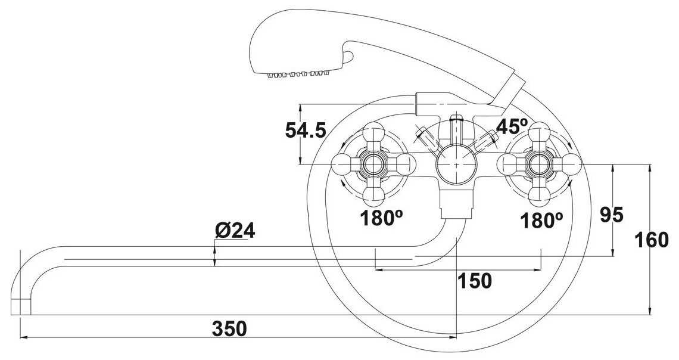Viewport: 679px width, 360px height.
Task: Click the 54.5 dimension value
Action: click(306, 130)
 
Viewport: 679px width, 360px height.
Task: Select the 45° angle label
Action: click(512, 126)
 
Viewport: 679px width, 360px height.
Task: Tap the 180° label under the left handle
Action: click(382, 218)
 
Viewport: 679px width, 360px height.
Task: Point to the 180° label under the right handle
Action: click(542, 221)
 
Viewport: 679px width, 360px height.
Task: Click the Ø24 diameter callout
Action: click(235, 231)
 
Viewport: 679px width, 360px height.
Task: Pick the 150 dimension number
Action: click(475, 281)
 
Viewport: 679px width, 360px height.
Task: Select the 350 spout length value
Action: click(229, 329)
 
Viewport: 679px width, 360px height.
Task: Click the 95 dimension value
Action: click(612, 215)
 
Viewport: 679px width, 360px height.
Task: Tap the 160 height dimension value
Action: click(652, 240)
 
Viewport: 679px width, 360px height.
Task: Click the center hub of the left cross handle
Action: click(373, 164)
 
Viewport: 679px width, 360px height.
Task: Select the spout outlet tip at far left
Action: click(20, 307)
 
